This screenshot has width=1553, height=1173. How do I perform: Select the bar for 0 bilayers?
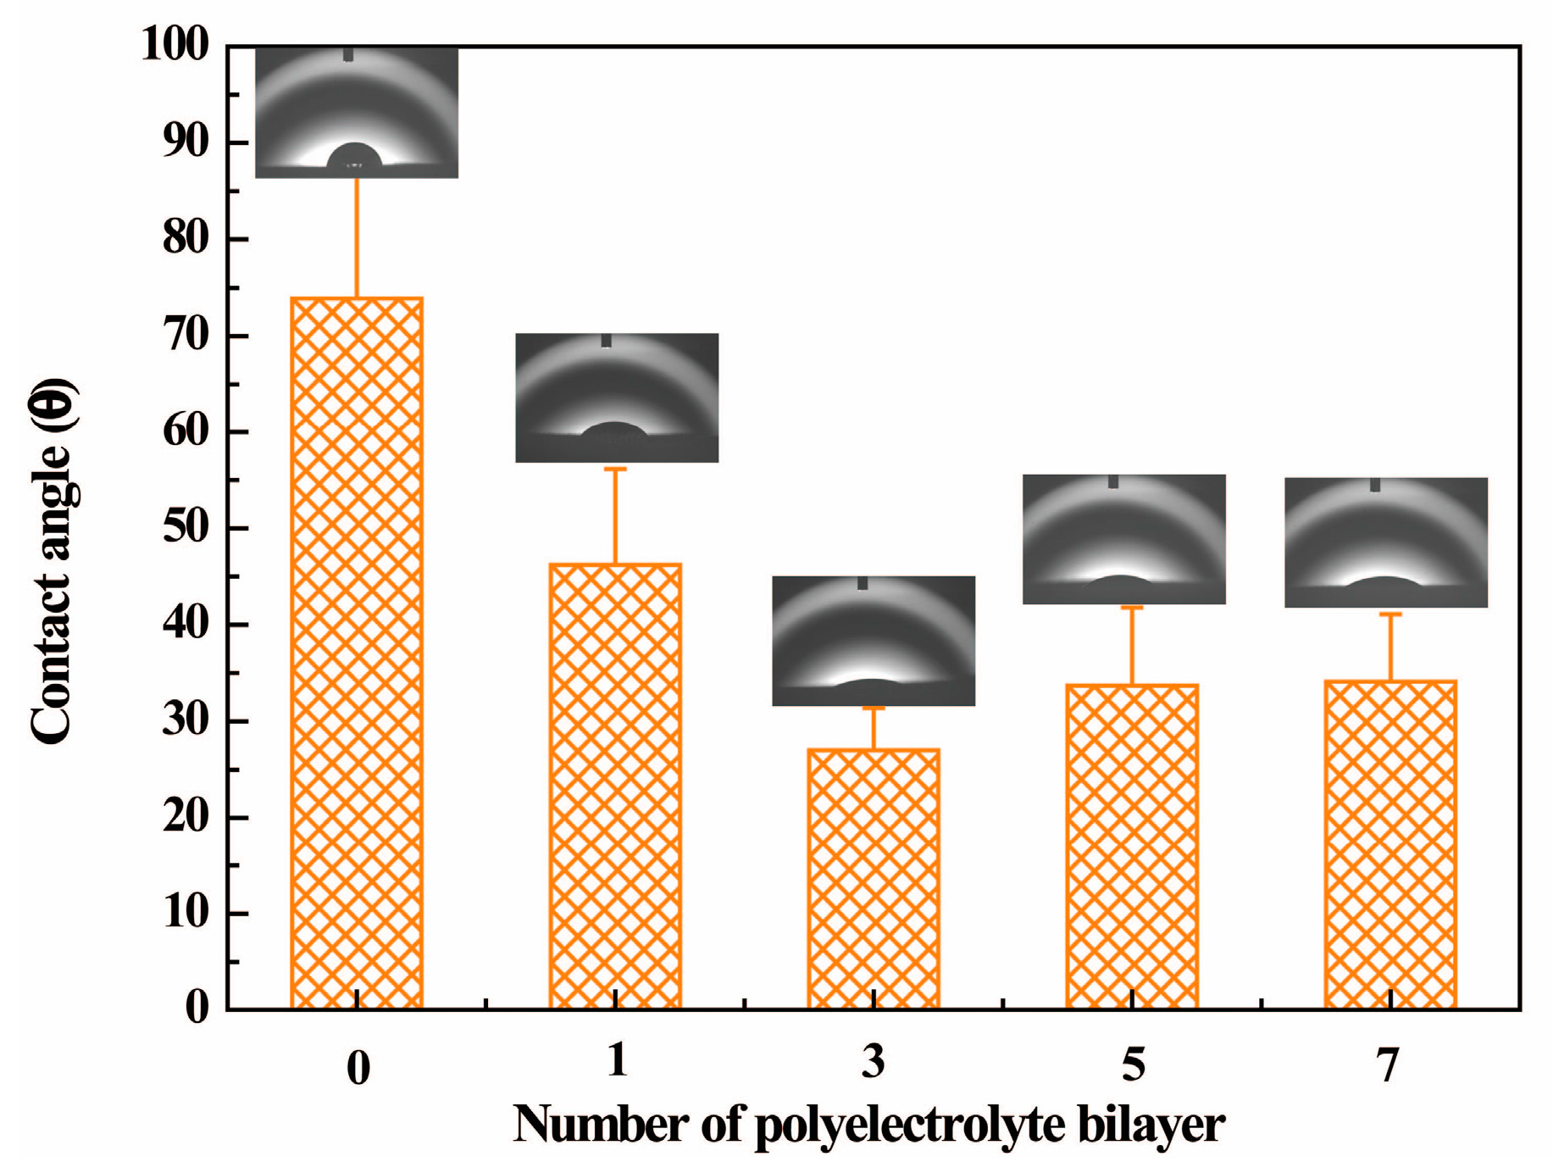click(x=357, y=653)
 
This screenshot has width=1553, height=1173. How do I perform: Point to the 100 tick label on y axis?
click(x=175, y=44)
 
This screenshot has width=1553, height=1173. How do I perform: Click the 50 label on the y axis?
click(x=185, y=527)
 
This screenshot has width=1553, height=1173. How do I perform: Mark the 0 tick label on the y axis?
click(x=197, y=1009)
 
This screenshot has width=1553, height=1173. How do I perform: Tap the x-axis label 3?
click(x=874, y=1062)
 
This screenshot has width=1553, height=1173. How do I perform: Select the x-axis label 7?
click(x=1387, y=1065)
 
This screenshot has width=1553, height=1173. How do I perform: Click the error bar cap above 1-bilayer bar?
click(x=615, y=469)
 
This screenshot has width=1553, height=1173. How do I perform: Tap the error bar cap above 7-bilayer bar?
click(x=1390, y=614)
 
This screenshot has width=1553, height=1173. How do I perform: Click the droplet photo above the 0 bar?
click(x=357, y=112)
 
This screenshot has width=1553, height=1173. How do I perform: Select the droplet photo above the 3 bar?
click(x=874, y=641)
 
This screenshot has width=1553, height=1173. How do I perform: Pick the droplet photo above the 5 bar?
click(x=1123, y=539)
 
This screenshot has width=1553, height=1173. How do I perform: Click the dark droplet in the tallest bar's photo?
click(x=354, y=156)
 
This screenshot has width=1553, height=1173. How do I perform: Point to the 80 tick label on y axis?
click(x=185, y=238)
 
